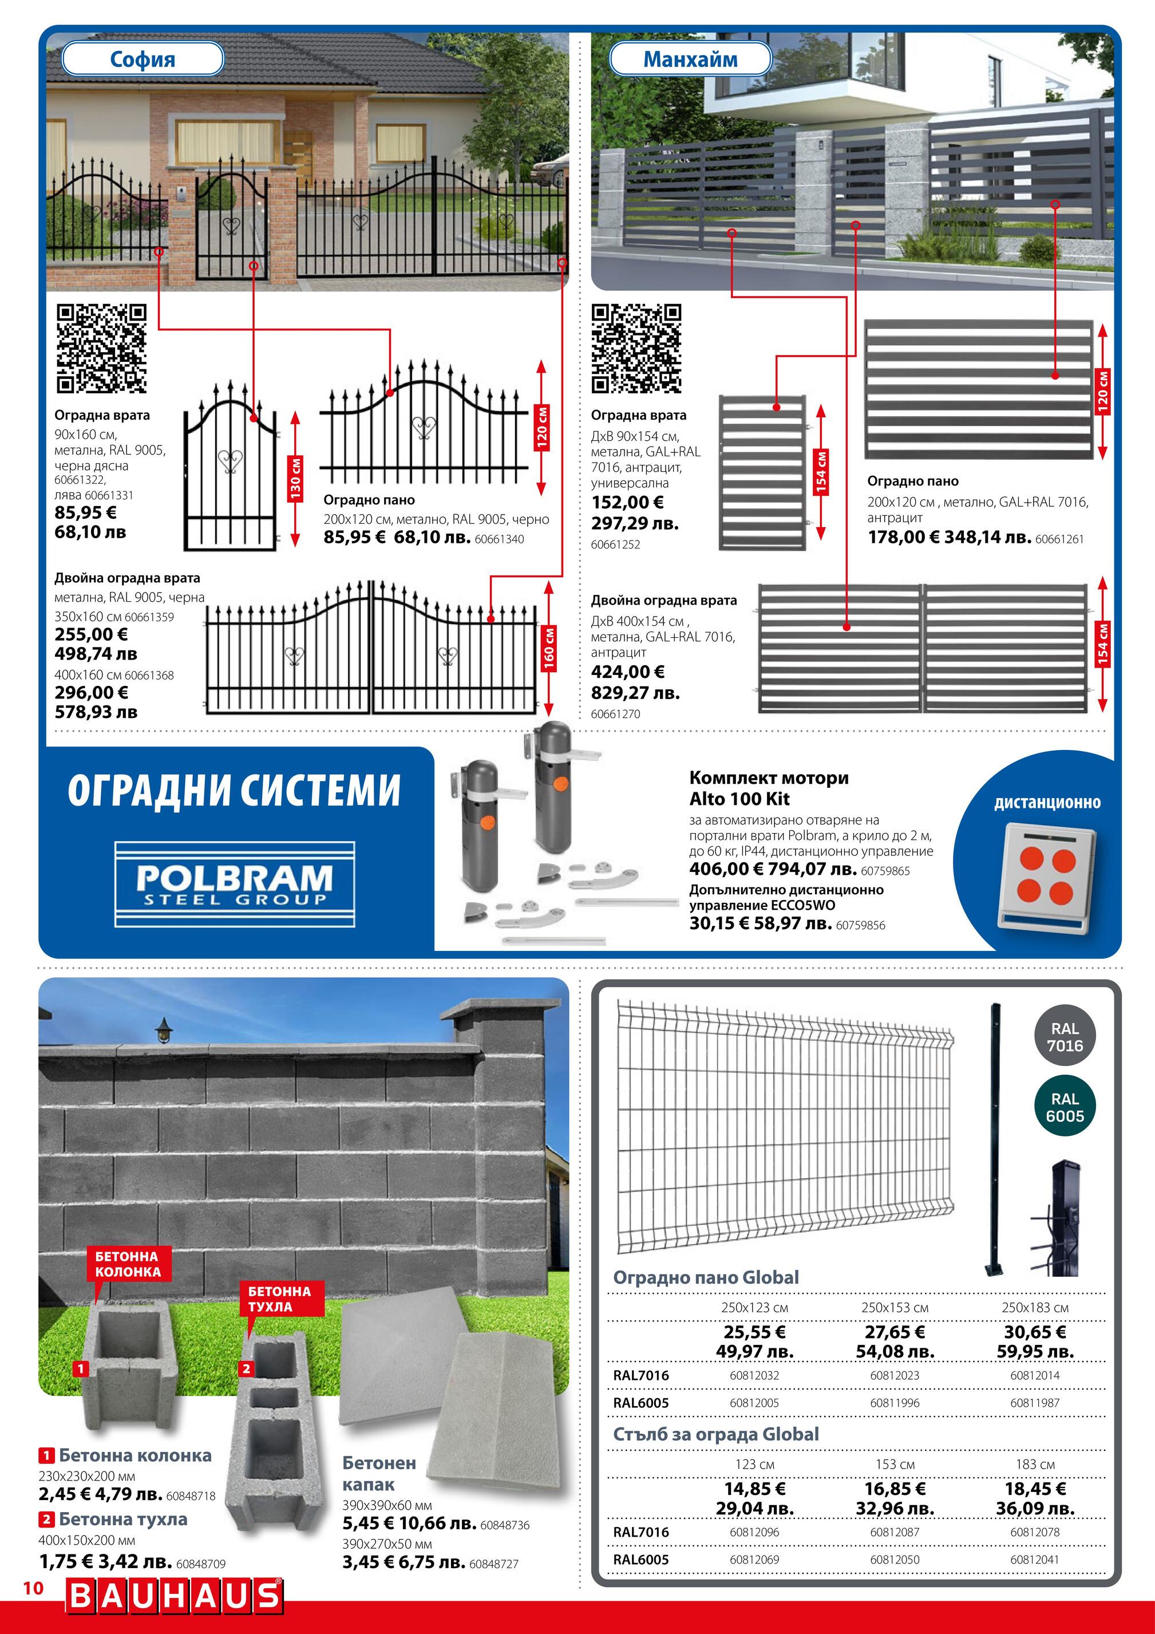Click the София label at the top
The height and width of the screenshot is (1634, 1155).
coord(143,59)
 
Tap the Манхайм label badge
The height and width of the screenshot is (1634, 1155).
coord(690,59)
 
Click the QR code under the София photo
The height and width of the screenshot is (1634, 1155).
coord(101,349)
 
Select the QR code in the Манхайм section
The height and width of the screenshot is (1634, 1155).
coord(636,349)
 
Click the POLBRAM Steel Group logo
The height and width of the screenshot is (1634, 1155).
coord(235,884)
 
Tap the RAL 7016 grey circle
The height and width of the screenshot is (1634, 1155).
coord(1065,1037)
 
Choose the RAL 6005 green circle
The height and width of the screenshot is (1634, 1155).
coord(1065,1107)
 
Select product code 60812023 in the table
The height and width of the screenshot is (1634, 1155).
coord(895,1375)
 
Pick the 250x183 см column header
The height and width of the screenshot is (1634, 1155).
coord(1035,1307)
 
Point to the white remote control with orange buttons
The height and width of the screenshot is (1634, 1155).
coord(1046,877)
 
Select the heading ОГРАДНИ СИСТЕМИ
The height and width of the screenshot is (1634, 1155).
coord(234,790)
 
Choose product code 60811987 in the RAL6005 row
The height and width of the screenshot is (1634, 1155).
coord(1035,1402)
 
